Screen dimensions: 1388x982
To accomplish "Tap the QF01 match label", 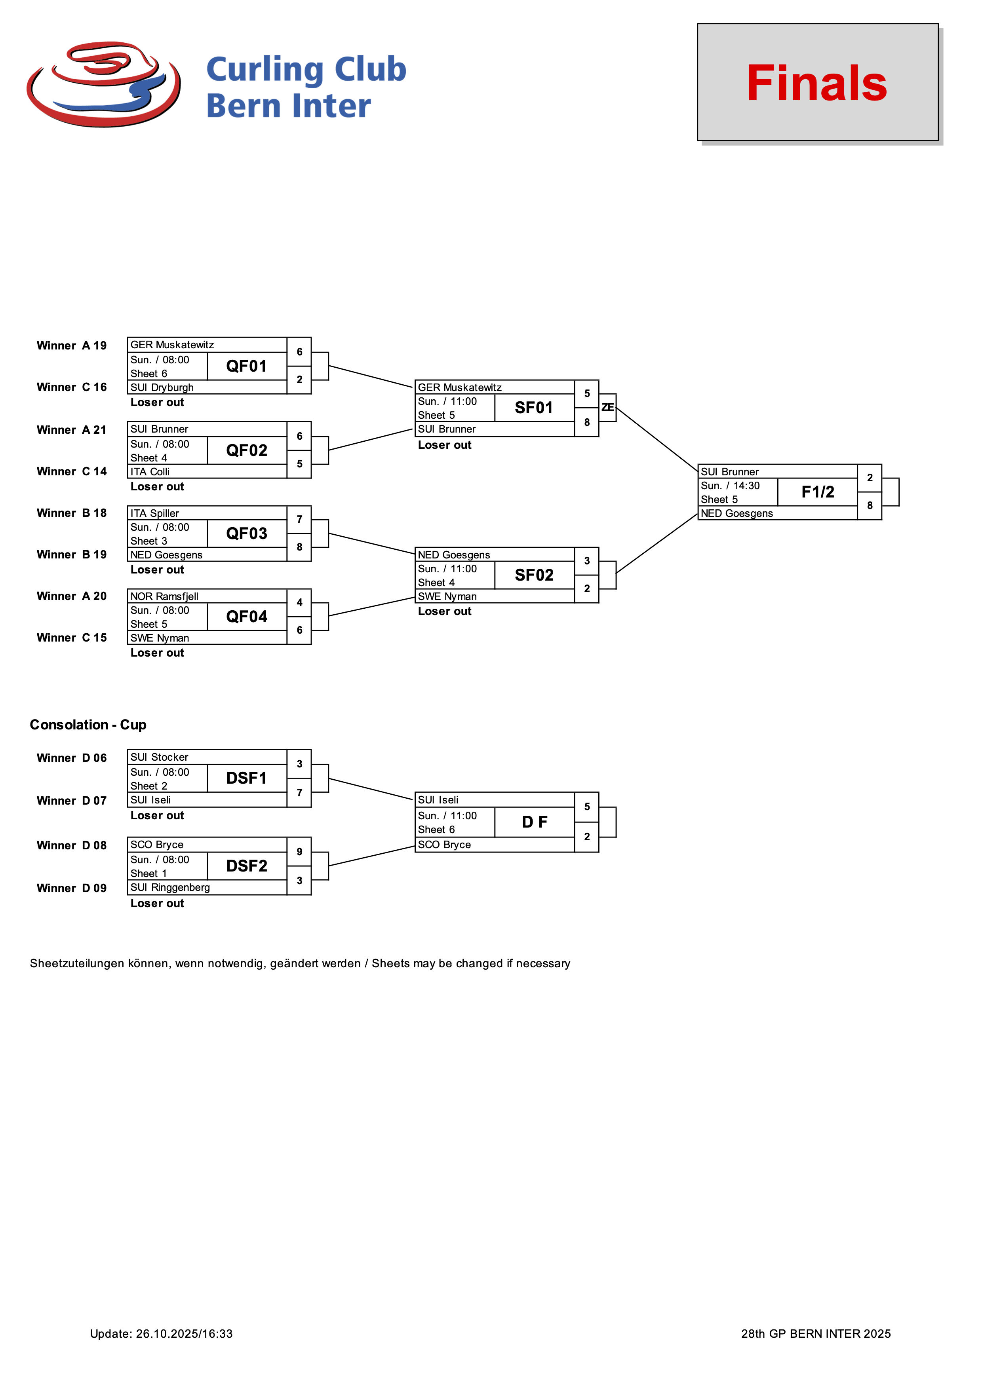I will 246,366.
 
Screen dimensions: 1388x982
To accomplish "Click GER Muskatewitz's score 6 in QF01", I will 299,352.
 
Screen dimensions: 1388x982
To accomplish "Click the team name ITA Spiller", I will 155,513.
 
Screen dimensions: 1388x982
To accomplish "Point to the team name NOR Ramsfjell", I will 164,597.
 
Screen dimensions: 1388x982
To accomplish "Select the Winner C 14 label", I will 71,471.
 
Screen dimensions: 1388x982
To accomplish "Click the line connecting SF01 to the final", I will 657,439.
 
